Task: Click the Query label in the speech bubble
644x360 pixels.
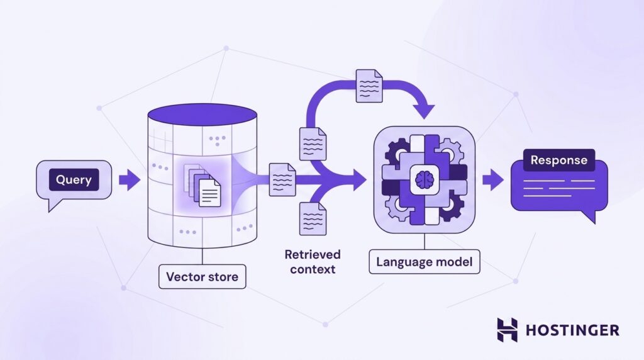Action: pos(74,179)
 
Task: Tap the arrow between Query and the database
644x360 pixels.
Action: pos(130,180)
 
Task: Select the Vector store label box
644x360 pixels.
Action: pos(202,276)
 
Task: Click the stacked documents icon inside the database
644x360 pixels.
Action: pos(202,185)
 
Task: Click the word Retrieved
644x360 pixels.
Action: pos(313,255)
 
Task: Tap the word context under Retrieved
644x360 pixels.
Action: pos(313,269)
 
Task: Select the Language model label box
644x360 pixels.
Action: pos(425,262)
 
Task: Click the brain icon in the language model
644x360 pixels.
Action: pos(425,179)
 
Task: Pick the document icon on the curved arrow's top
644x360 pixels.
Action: pos(369,86)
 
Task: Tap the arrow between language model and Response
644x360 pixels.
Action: pos(493,179)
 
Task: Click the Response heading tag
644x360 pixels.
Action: pos(558,160)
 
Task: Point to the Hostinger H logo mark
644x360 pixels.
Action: pos(508,330)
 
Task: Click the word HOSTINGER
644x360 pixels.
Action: pos(572,330)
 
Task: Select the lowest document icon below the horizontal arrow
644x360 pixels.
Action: pos(313,218)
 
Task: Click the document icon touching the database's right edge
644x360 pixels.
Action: pos(282,179)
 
